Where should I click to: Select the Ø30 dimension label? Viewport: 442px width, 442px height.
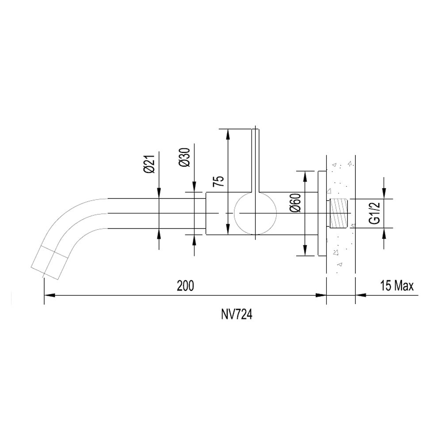pyautogui.click(x=185, y=157)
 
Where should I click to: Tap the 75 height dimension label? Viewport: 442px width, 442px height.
pyautogui.click(x=218, y=181)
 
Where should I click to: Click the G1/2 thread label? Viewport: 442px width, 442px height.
pyautogui.click(x=375, y=213)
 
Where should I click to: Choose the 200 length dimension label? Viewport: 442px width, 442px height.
pyautogui.click(x=186, y=286)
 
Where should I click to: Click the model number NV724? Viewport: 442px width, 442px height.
pyautogui.click(x=236, y=315)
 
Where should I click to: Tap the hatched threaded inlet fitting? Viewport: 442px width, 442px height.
pyautogui.click(x=339, y=213)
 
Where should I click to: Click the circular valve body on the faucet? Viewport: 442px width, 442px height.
pyautogui.click(x=255, y=213)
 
